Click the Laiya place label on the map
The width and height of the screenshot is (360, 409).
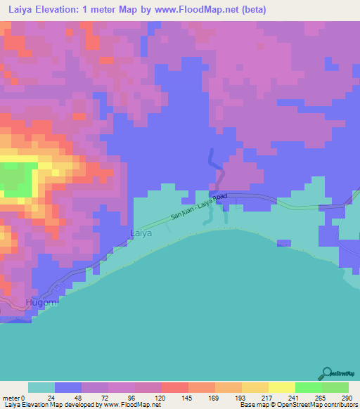141,233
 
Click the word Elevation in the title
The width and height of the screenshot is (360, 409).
72,10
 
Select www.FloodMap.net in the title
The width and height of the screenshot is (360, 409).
197,10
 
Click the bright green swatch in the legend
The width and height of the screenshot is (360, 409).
308,387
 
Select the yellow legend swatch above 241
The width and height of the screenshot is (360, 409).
281,387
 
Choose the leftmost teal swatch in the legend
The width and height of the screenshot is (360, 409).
41,387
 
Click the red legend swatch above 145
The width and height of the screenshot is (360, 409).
174,387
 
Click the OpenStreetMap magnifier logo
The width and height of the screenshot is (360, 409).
327,374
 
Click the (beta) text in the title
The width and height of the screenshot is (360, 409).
251,10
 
